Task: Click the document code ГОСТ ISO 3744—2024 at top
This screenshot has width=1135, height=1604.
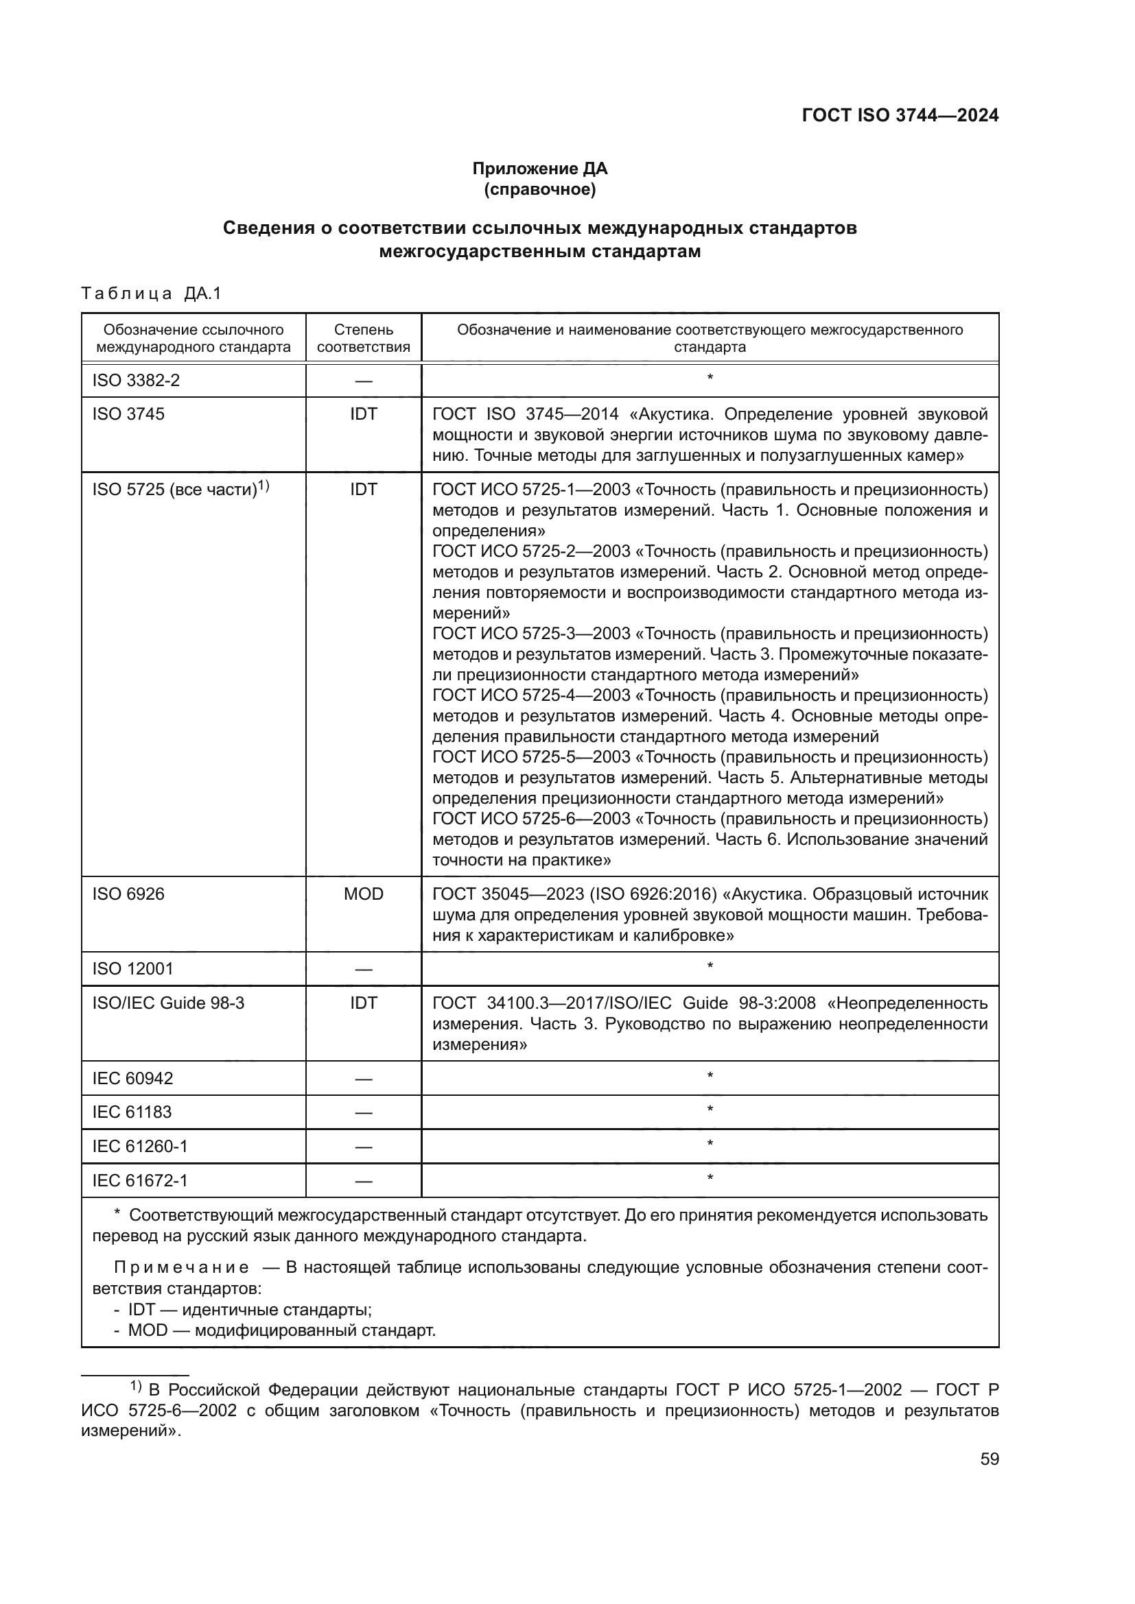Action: point(900,115)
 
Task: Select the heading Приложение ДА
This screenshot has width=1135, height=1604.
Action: point(539,169)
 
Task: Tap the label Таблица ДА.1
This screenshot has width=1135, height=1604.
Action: point(151,294)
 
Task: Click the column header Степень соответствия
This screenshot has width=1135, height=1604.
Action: point(364,338)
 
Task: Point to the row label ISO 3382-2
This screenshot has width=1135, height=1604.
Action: point(137,381)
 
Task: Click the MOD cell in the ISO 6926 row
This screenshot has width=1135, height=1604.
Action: point(364,894)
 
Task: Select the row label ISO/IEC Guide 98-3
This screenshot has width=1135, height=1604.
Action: point(168,1003)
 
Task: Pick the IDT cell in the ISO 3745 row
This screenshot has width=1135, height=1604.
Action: point(364,414)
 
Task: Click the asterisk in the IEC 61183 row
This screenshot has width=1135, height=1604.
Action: point(710,1109)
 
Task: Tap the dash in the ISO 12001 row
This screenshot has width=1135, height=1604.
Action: point(364,970)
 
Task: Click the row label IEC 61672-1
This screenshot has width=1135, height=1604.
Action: point(140,1181)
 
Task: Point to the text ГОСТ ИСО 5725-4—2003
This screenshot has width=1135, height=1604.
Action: point(531,695)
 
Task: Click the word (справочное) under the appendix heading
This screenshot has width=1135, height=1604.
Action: point(539,189)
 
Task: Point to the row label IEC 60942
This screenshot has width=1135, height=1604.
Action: point(133,1078)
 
